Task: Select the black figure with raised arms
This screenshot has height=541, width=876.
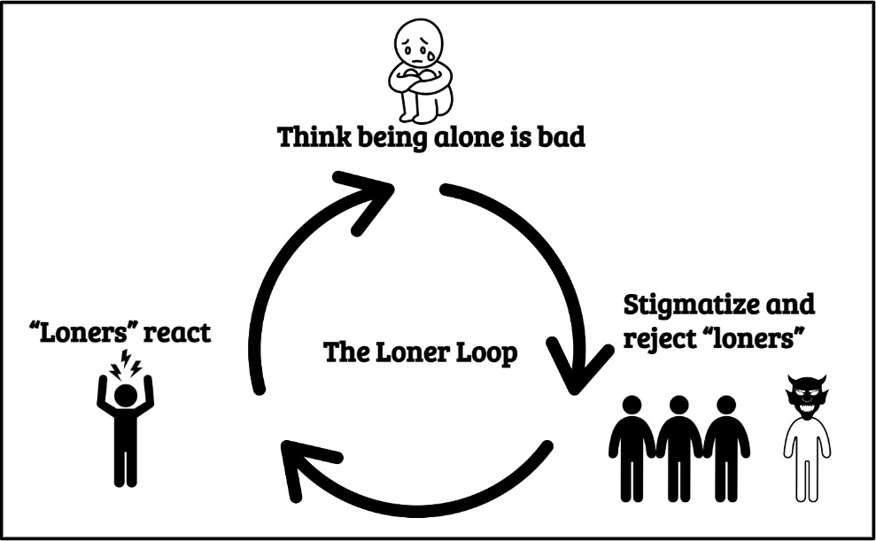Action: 125,429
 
